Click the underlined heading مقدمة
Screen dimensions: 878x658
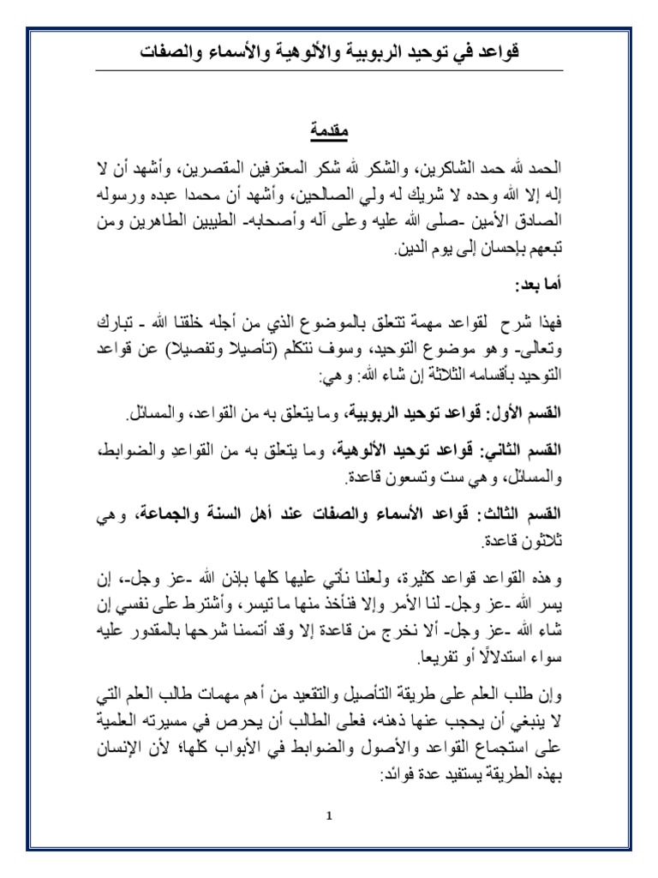click(x=329, y=135)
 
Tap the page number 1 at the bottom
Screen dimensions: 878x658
click(x=329, y=816)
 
